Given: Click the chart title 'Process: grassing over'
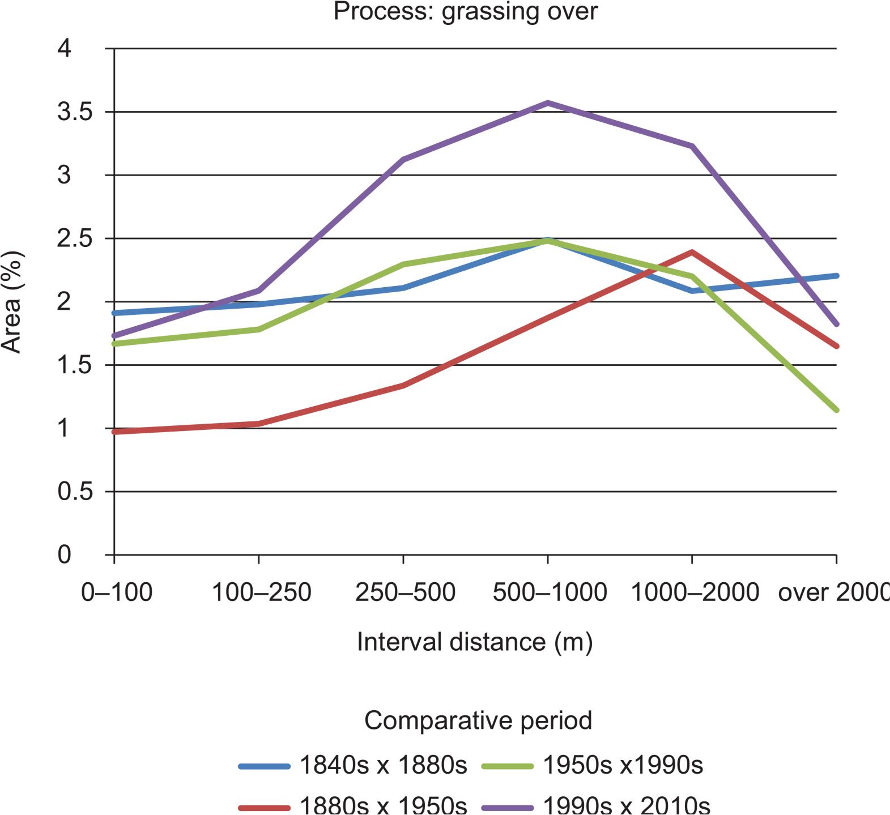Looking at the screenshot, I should pos(465,11).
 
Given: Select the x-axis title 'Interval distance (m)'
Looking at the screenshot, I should pos(475,642).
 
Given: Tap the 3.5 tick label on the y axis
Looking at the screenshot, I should pos(74,112).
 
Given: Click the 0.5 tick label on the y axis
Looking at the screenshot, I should pos(74,491).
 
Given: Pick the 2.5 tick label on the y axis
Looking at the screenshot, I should pos(74,238).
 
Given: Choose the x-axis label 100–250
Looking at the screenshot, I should pos(261,592).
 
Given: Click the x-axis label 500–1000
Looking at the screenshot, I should pos(550,592).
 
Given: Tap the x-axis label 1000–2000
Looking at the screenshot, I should pos(695,592).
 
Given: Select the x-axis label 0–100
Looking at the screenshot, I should pos(117,592).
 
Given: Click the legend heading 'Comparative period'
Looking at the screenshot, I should pos(478,720).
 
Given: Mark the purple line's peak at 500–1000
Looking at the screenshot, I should pos(548,103).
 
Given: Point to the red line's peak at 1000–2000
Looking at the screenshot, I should pos(692,252).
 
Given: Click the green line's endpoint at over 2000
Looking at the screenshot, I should pos(836,409).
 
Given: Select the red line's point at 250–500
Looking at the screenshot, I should pos(403,385).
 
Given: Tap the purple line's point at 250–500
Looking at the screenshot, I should pos(403,160).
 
